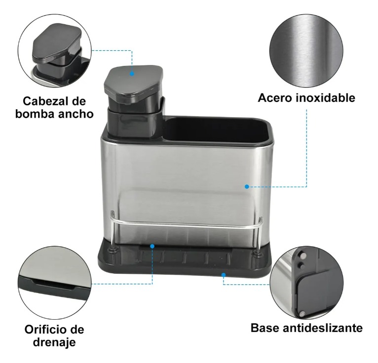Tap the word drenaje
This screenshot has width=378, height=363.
coord(54,342)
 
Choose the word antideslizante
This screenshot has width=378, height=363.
coord(323,328)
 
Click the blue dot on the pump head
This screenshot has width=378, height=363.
coord(132,73)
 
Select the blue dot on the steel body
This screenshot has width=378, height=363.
coord(247,187)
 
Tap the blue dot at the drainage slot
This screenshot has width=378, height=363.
coord(152,246)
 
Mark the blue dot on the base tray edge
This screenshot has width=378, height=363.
coord(224,274)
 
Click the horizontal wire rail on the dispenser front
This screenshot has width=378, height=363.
coord(186,225)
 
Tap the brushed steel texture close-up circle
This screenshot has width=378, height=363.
coord(306,51)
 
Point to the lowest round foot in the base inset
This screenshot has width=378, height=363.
coord(302,313)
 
